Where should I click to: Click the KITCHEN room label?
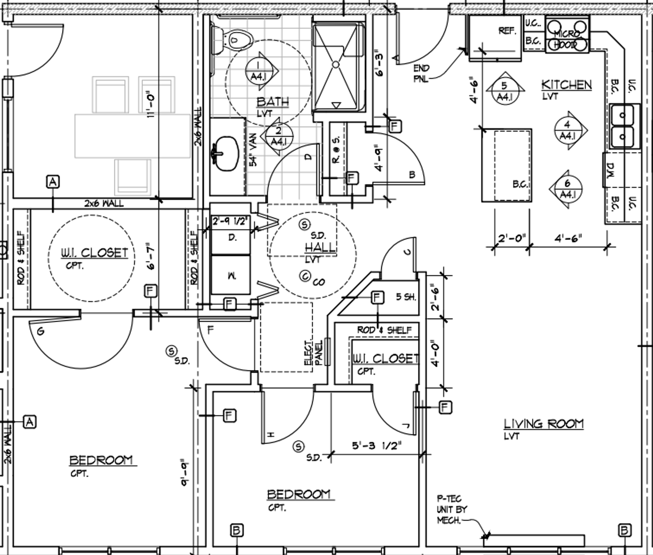[566, 85]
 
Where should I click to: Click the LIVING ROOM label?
[543, 424]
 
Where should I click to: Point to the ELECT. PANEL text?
[313, 353]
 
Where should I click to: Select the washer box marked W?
[231, 275]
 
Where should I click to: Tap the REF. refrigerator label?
[507, 31]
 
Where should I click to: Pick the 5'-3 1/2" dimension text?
[376, 445]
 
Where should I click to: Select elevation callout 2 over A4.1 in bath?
[278, 136]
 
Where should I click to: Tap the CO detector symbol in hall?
[305, 276]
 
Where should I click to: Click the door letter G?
[40, 331]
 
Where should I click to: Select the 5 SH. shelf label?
[406, 297]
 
